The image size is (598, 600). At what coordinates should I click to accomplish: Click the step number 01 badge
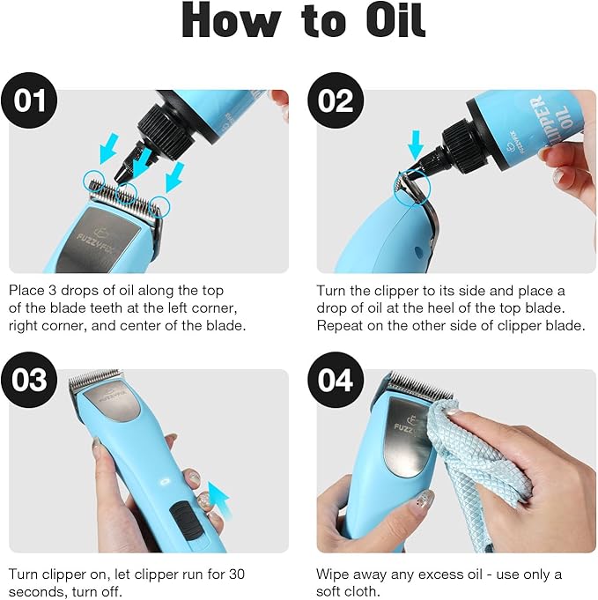(x=30, y=101)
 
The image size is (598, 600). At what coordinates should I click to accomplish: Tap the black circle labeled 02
(x=336, y=101)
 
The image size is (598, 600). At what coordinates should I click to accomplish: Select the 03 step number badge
(x=30, y=380)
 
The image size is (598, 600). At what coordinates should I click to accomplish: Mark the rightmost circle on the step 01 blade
(x=161, y=206)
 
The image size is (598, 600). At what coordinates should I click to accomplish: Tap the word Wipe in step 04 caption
(x=332, y=574)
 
